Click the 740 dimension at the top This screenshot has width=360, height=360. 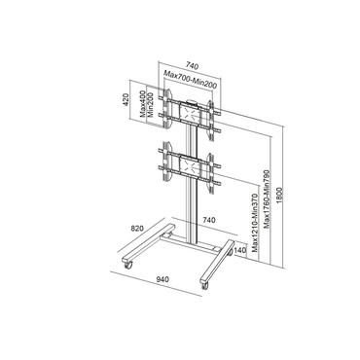[x=190, y=59]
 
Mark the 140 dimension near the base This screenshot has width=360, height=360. [x=239, y=250]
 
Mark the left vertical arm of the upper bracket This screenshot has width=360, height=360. [x=172, y=107]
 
